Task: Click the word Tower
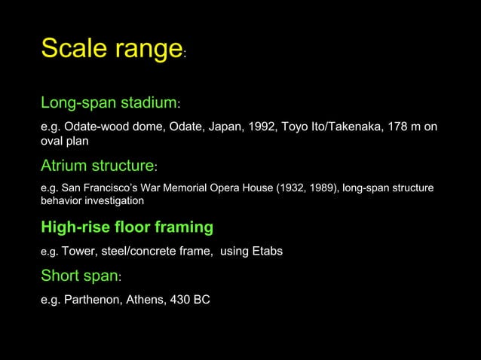click(x=78, y=251)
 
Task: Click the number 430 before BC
click(x=182, y=300)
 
